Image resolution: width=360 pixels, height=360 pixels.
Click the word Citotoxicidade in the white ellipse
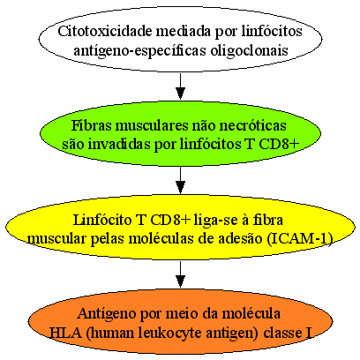(105, 31)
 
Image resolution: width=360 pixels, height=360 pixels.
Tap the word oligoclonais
(249, 50)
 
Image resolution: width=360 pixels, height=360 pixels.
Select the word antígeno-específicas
(139, 50)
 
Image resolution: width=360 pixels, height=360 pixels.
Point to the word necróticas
(252, 125)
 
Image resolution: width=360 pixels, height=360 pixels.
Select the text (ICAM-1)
(301, 239)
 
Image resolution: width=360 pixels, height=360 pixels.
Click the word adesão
(241, 238)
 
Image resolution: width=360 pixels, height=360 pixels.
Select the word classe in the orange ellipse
(281, 333)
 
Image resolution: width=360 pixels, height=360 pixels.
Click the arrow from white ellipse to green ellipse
(180, 86)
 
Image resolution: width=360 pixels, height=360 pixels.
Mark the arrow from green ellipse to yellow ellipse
(180, 180)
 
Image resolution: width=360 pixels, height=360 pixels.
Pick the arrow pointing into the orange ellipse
(180, 274)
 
